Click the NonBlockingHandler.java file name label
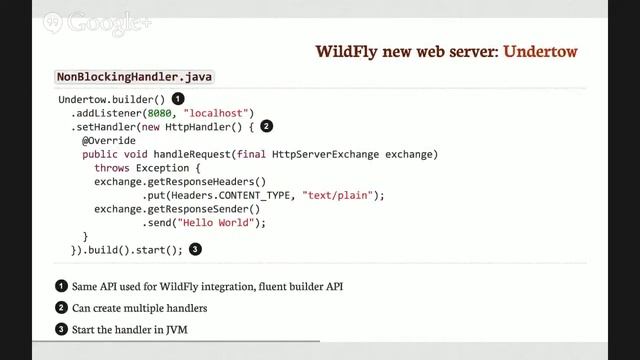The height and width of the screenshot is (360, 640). point(134,77)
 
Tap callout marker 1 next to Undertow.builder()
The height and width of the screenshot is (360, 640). point(178,99)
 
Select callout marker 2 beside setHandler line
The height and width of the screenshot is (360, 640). point(266,127)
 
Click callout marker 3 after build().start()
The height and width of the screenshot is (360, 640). point(195,249)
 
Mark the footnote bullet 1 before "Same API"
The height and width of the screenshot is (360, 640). point(61,287)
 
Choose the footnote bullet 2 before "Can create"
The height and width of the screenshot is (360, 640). point(61,308)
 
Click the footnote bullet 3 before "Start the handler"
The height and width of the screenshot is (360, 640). point(61,329)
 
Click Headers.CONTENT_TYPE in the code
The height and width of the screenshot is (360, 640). point(235,195)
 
